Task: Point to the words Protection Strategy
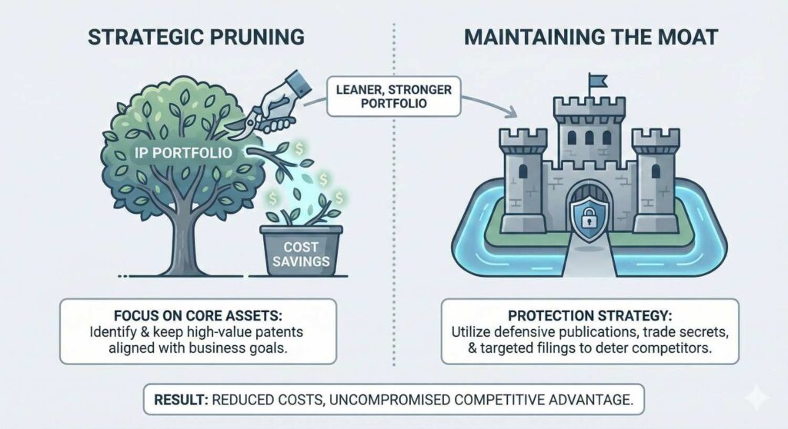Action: point(589,318)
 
